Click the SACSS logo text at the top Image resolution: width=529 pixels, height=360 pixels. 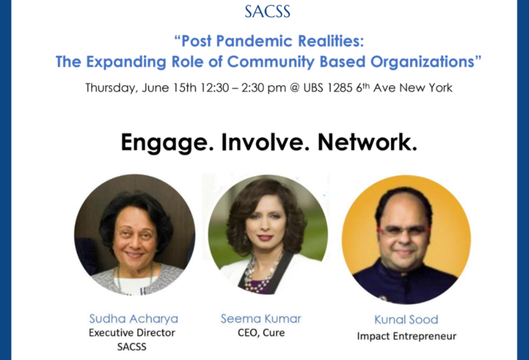(x=267, y=11)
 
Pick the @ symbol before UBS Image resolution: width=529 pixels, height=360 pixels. (x=295, y=88)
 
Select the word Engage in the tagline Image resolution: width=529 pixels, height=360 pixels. (x=167, y=143)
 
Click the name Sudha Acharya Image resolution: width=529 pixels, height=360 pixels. (x=133, y=318)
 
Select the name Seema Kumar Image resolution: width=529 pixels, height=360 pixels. (x=261, y=318)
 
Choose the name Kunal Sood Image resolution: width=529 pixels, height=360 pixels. (x=406, y=320)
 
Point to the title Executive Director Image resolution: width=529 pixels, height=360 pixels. (x=132, y=332)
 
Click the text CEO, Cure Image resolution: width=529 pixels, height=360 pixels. (x=261, y=333)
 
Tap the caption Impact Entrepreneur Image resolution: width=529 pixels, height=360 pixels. (x=406, y=337)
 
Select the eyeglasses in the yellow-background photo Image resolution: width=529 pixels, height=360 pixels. (x=404, y=231)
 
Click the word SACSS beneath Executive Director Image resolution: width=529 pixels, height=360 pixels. (x=132, y=347)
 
